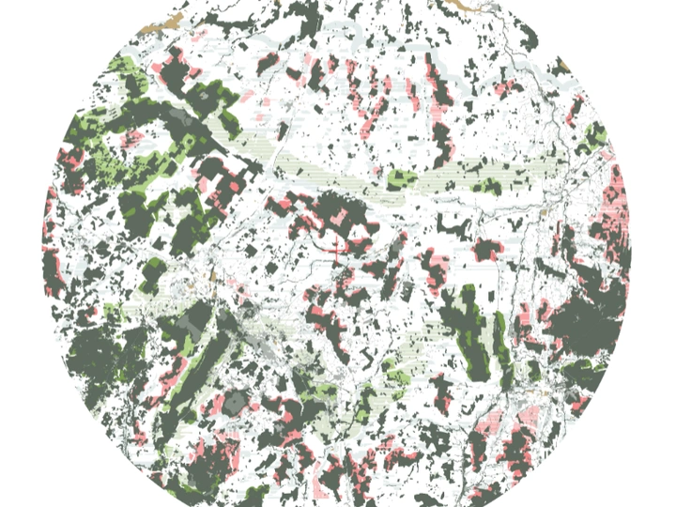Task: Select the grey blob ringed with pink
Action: pyautogui.click(x=235, y=403)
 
